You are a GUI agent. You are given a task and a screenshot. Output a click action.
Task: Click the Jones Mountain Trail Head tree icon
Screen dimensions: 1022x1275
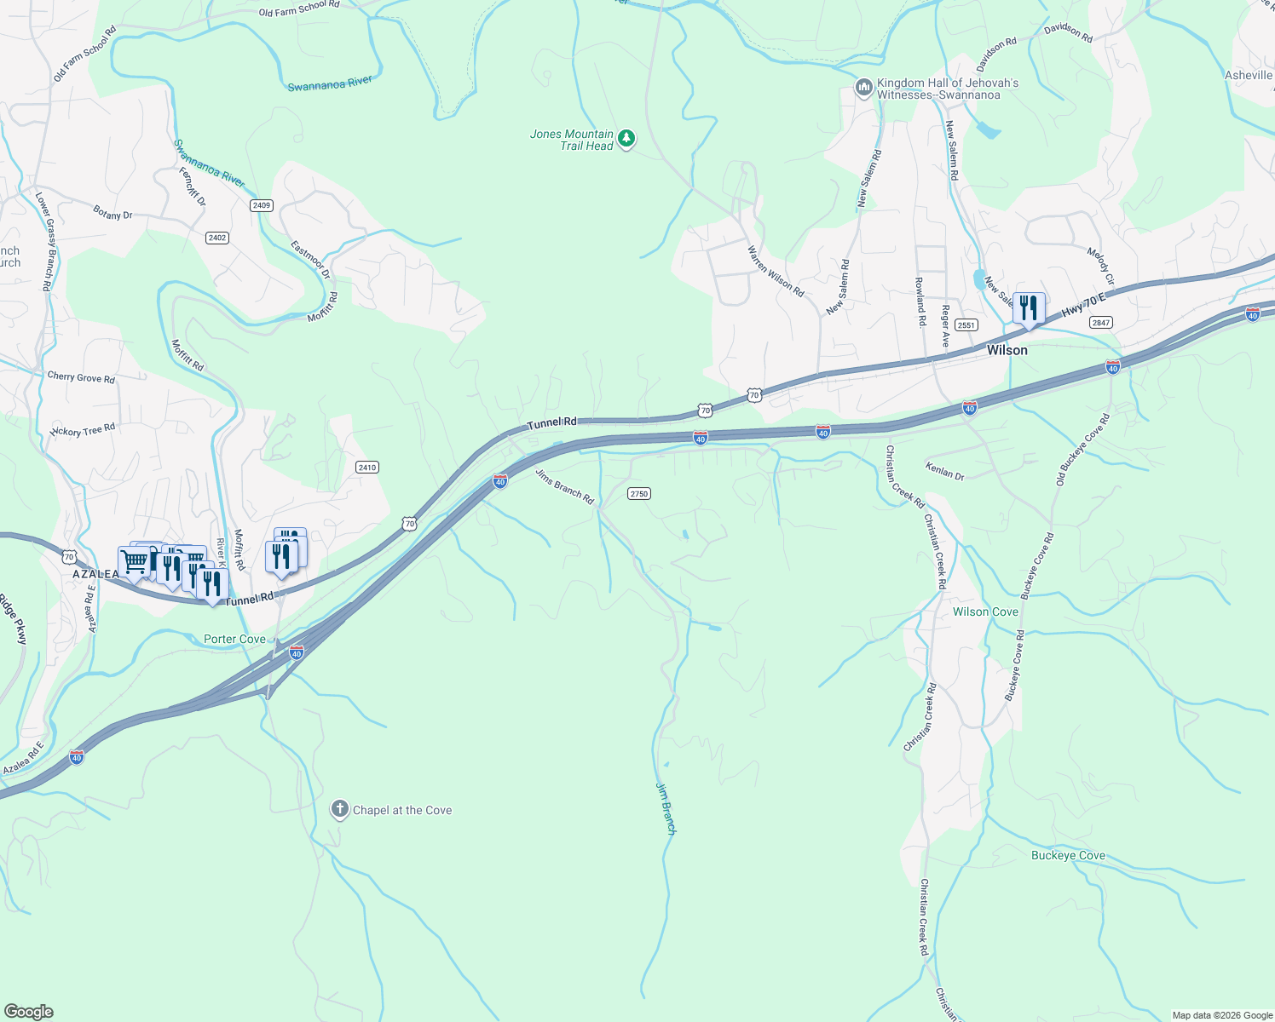626,139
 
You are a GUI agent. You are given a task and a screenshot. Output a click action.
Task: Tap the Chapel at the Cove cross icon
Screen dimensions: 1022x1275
339,809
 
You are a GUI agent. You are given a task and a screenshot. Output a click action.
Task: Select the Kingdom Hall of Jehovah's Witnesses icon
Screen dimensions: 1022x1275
863,89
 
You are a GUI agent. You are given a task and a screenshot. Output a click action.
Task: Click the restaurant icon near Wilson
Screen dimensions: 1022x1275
1029,309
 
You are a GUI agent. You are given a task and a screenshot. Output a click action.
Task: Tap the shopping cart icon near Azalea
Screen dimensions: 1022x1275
134,562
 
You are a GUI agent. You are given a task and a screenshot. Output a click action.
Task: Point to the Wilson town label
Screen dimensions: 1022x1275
1007,350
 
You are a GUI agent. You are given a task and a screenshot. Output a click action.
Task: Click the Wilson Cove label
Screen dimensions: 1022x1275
985,611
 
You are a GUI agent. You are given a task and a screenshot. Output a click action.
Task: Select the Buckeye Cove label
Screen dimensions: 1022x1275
1067,855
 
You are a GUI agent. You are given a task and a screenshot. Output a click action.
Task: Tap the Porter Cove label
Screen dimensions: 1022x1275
234,639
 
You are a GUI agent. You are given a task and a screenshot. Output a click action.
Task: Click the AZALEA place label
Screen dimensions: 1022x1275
95,574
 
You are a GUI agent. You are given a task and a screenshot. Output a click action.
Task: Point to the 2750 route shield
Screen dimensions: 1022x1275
638,494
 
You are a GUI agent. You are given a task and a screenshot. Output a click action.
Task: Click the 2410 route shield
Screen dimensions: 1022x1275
367,468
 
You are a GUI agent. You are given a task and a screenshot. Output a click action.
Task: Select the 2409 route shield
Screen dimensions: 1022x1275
262,205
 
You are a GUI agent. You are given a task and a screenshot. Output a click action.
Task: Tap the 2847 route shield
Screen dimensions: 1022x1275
1100,322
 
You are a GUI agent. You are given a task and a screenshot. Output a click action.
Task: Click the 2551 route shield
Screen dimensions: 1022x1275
966,325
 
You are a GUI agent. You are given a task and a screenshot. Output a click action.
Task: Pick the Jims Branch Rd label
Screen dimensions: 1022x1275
564,486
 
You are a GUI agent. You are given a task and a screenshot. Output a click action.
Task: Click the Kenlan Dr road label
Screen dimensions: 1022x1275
944,471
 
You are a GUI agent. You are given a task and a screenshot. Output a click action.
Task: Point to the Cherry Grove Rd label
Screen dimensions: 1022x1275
81,376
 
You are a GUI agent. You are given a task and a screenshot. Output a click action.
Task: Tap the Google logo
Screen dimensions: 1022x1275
29,1011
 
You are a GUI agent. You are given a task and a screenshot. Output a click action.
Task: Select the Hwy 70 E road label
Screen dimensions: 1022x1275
1082,307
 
